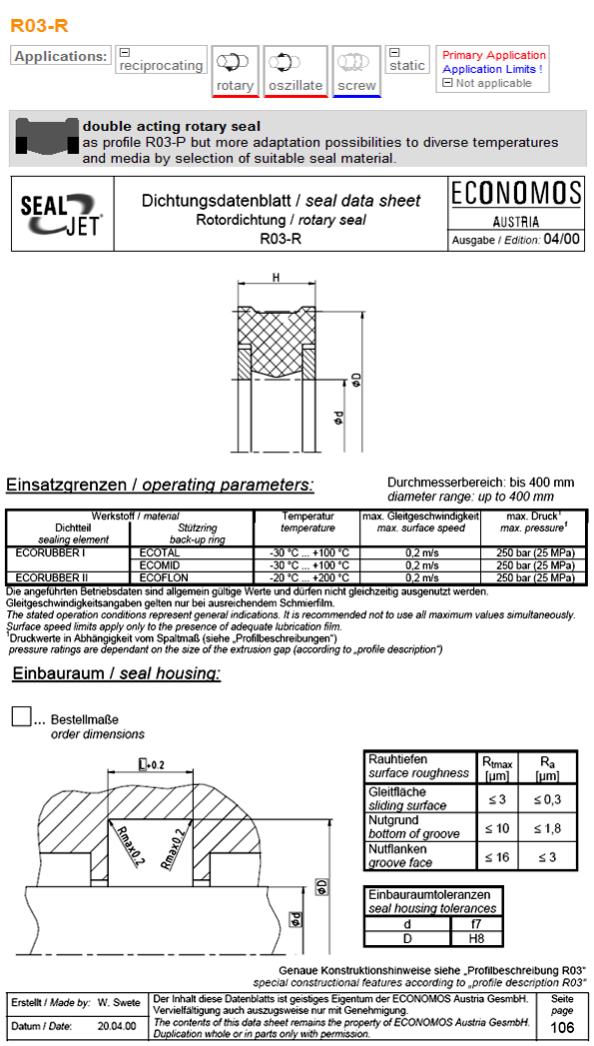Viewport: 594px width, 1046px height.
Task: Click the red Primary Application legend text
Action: tap(494, 55)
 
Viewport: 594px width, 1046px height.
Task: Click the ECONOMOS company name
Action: tap(515, 193)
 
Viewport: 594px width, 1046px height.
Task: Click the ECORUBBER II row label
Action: tap(52, 577)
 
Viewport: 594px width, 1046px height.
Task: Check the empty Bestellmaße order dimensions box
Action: tap(20, 716)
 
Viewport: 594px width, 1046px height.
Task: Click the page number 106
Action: tap(562, 1028)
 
